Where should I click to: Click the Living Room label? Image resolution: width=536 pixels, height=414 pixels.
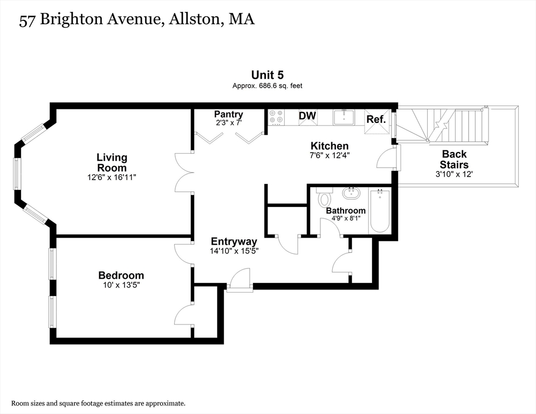coord(112,162)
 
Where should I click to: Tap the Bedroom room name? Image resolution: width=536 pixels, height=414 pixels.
coord(121,275)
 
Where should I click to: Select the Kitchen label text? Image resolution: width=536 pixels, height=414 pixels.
coord(329,146)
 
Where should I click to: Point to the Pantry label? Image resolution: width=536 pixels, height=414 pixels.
coord(228,114)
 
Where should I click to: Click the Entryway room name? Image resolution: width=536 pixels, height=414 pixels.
coord(234,241)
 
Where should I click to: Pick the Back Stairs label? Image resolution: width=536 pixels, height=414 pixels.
coord(454,160)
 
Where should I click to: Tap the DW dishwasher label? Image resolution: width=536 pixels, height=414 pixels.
coord(307,116)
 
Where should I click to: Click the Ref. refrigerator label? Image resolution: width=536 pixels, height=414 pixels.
coord(376,119)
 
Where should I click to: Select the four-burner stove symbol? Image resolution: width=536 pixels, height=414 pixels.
coord(277,116)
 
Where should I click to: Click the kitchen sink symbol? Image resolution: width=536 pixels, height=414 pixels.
coord(343,116)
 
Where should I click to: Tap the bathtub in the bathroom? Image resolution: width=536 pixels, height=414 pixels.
coord(380,211)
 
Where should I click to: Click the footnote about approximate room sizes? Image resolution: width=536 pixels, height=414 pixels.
coord(99,403)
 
